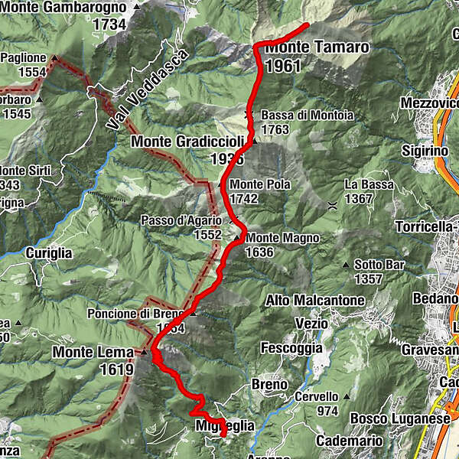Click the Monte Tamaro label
pos(317,47)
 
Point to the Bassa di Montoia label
pos(307,116)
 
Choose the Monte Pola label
pos(256,184)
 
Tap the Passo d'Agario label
pos(181,220)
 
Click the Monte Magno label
pos(282,238)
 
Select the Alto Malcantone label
pos(314,301)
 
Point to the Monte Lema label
pos(93,352)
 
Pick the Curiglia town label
pos(48,252)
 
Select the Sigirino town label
pos(425,151)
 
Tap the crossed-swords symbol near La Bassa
pos(332,204)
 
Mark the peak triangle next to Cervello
pos(346,396)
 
